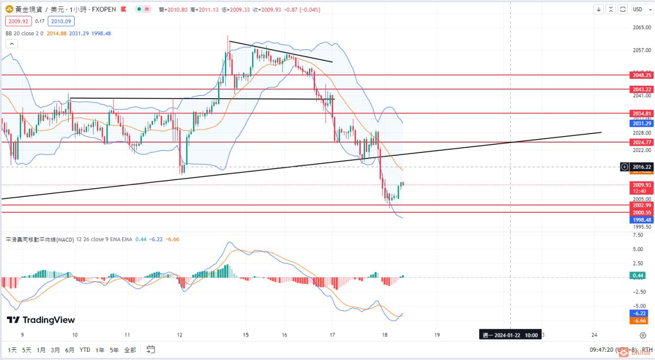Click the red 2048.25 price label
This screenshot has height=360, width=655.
(641, 75)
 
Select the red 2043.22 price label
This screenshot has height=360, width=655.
(641, 89)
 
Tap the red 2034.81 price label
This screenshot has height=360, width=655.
(641, 114)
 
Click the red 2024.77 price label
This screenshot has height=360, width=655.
(641, 142)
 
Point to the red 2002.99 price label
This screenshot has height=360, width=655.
(641, 205)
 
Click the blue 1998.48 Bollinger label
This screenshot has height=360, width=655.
(641, 219)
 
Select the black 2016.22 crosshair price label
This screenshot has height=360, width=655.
(641, 167)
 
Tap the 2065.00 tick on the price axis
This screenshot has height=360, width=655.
(641, 28)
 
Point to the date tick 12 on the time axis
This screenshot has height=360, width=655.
(180, 335)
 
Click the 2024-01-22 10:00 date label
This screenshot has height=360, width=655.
(510, 335)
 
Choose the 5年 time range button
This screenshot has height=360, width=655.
(115, 350)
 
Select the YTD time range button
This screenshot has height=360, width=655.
(85, 350)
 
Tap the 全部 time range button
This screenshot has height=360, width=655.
(130, 350)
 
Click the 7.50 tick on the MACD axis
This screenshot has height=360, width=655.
(638, 235)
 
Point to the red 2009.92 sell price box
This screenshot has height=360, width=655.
(18, 21)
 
